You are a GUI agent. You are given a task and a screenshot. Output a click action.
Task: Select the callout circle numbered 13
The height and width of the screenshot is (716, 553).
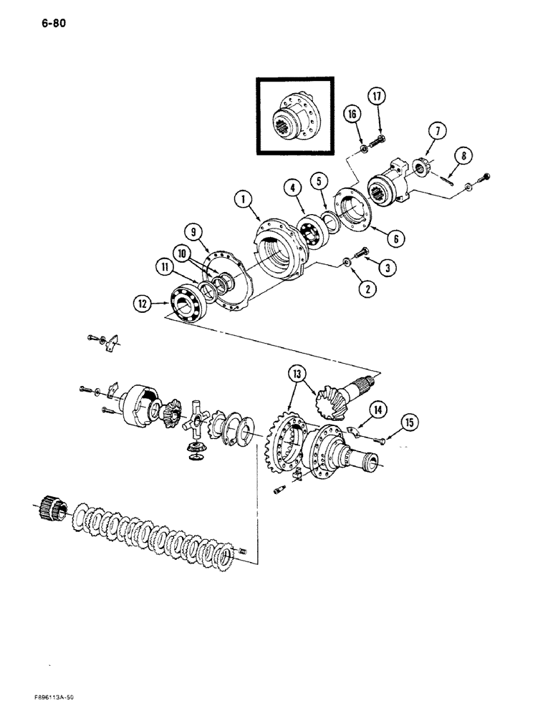pyautogui.click(x=296, y=372)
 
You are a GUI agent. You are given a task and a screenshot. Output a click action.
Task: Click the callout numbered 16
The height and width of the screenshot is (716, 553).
pyautogui.click(x=352, y=112)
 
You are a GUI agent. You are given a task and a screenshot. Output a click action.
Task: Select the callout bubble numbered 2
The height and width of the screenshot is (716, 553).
pyautogui.click(x=349, y=289)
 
